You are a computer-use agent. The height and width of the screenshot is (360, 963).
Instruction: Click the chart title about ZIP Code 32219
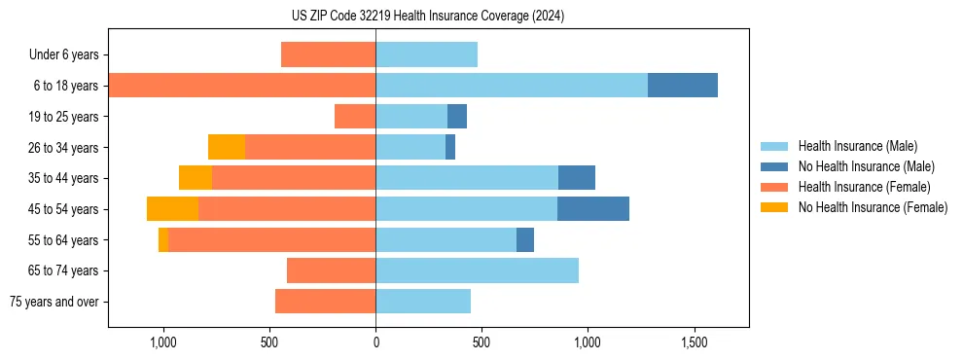coord(428,16)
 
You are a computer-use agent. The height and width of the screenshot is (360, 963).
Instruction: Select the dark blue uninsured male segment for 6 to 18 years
coord(683,86)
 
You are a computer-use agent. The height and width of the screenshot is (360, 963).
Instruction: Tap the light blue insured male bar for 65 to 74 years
coord(477,270)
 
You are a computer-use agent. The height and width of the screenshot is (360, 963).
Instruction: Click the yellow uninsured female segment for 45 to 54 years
coord(172,209)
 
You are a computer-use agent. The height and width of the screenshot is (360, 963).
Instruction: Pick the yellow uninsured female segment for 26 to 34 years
coord(227,147)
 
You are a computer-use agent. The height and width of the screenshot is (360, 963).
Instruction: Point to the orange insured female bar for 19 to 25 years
coord(355,117)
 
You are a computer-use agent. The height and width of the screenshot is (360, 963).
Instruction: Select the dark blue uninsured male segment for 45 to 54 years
coord(593,209)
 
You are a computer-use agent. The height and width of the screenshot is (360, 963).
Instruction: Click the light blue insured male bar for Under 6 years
coord(426,54)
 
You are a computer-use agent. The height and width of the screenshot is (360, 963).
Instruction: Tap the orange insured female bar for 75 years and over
coord(325,302)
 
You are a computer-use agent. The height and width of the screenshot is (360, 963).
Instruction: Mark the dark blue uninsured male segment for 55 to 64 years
coord(525,239)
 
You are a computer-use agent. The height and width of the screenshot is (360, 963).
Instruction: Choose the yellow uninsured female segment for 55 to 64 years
coord(163,239)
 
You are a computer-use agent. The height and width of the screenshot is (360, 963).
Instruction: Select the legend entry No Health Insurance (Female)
coord(873,207)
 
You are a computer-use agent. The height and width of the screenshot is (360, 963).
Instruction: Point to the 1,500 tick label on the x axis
coord(694,343)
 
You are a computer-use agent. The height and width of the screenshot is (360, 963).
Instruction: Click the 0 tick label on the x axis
coord(375,343)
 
